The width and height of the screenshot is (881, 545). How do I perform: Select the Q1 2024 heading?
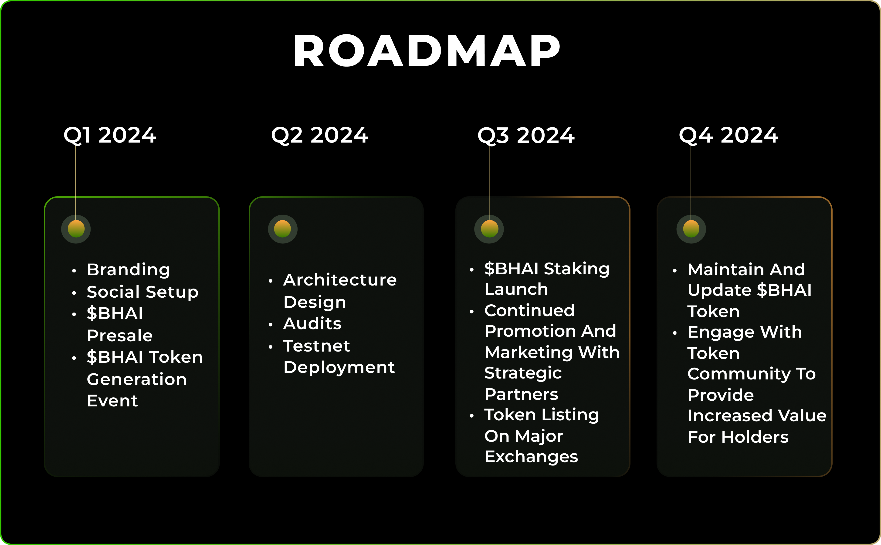pyautogui.click(x=110, y=136)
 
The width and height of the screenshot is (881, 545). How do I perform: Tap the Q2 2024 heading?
pyautogui.click(x=319, y=136)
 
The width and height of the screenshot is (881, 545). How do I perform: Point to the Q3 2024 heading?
pyautogui.click(x=526, y=136)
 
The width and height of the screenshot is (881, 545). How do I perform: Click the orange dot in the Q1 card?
pyautogui.click(x=76, y=229)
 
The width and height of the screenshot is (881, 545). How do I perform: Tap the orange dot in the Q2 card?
pyautogui.click(x=283, y=229)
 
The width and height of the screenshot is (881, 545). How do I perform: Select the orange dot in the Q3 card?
pyautogui.click(x=489, y=229)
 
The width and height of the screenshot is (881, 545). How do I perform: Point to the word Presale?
pyautogui.click(x=120, y=336)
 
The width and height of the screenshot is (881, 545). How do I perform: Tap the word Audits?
pyautogui.click(x=312, y=323)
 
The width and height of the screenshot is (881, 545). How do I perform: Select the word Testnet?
pyautogui.click(x=317, y=346)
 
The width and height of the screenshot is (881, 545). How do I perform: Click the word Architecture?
pyautogui.click(x=340, y=280)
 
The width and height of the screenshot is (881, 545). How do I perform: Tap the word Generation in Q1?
pyautogui.click(x=137, y=379)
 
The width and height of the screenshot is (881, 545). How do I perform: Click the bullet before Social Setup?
pyautogui.click(x=74, y=293)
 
